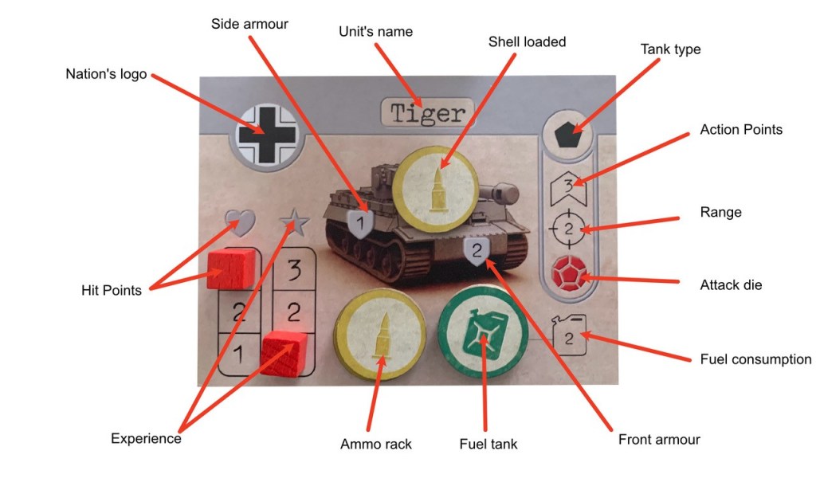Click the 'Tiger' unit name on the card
point(428,112)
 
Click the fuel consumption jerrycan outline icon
point(569,335)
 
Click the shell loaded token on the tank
point(437,186)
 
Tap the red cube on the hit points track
point(229,268)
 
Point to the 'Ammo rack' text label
point(375,443)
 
